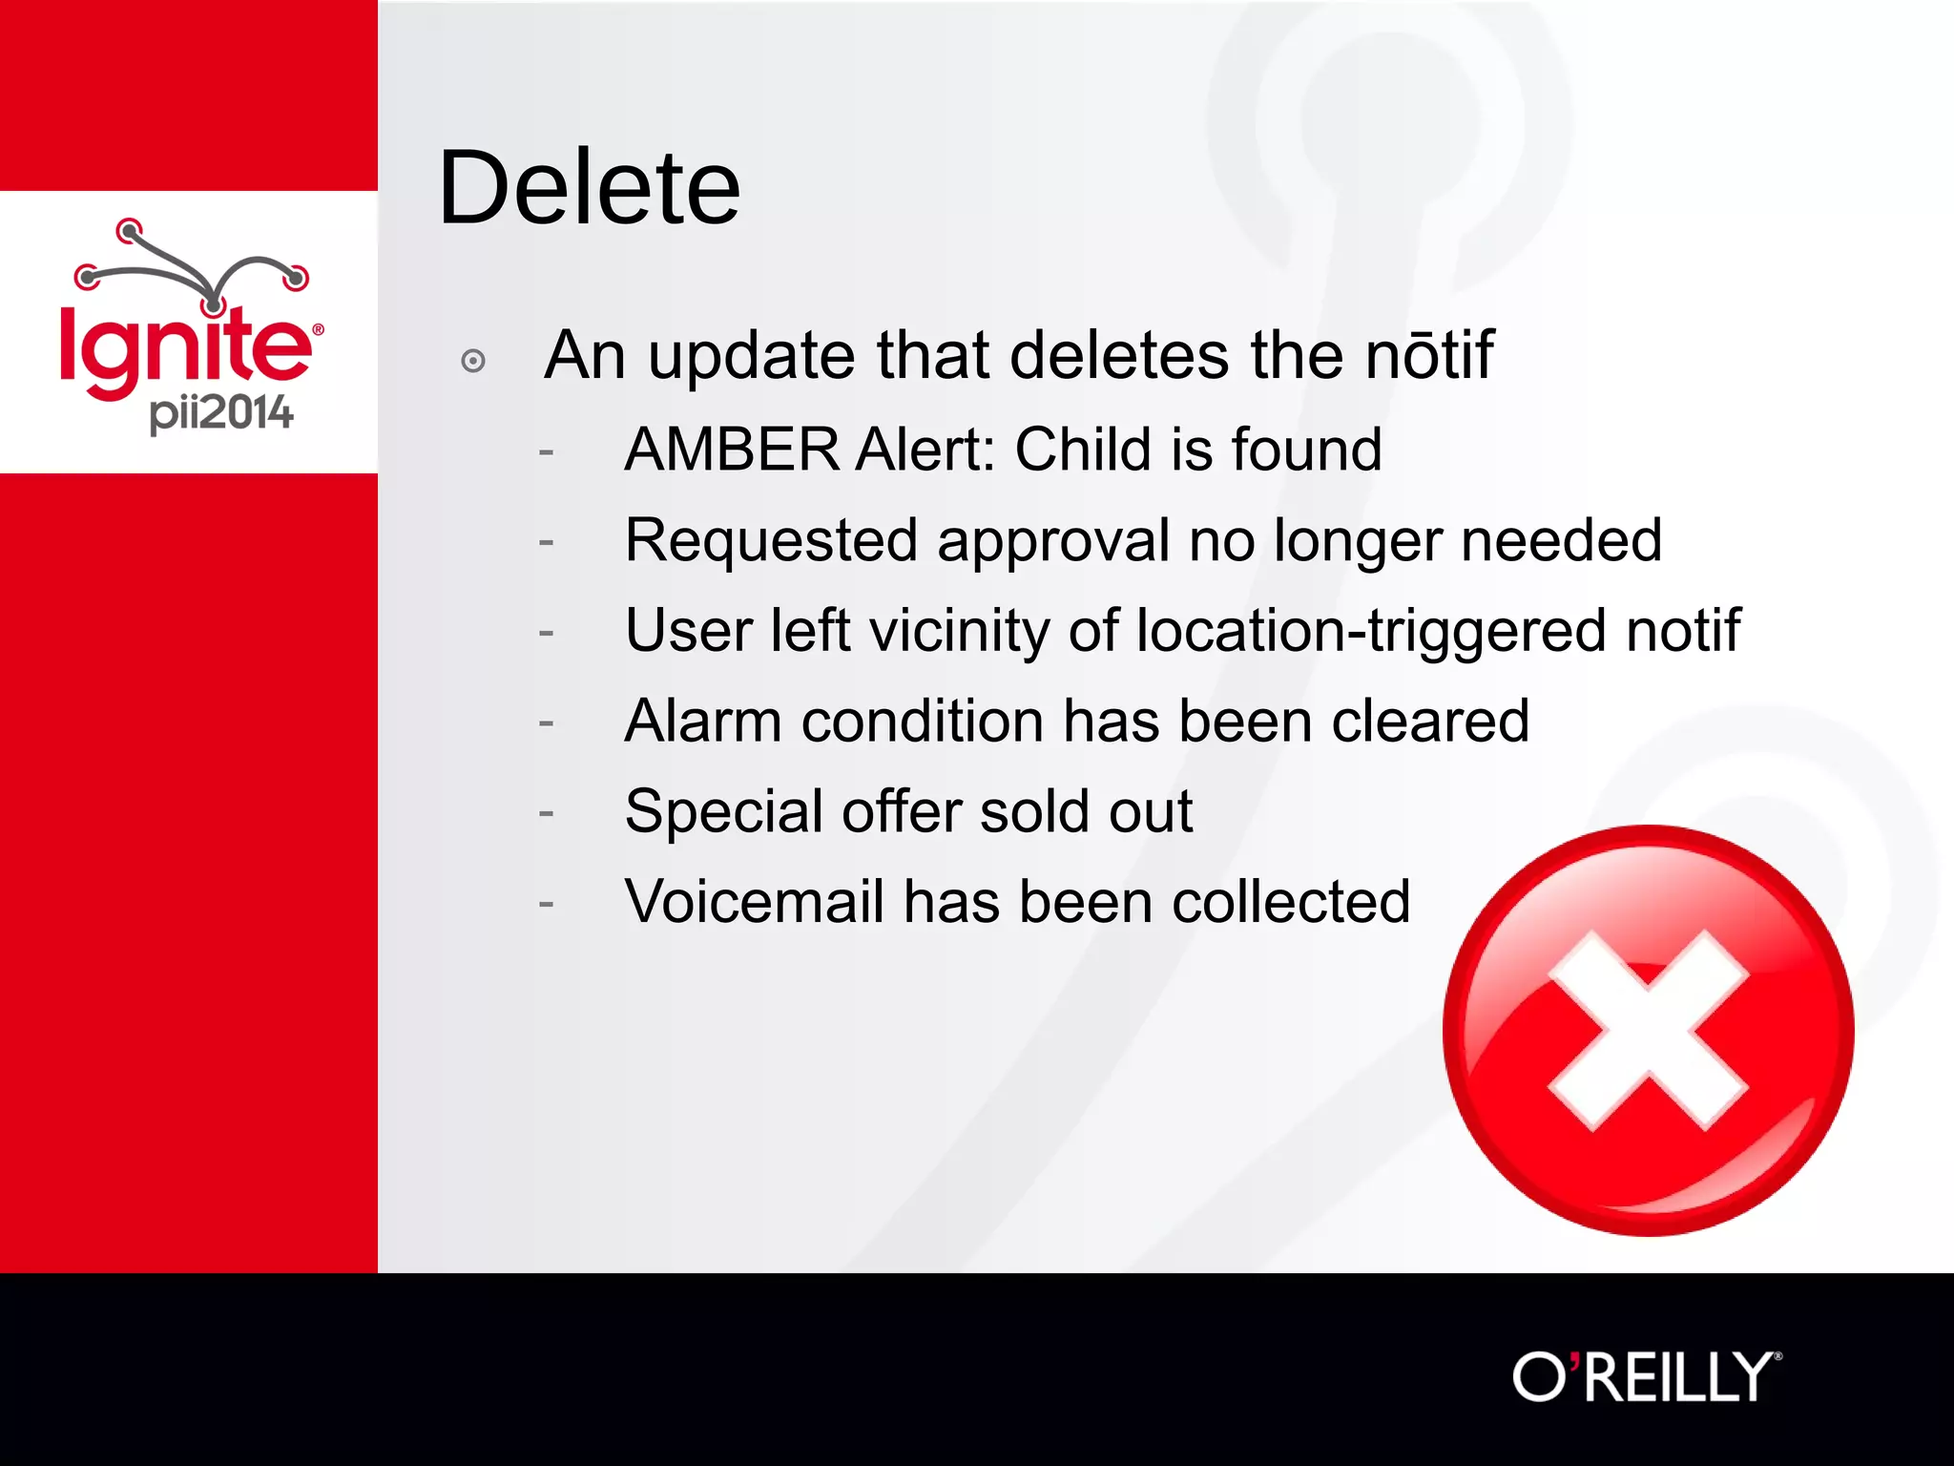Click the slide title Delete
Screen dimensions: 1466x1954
[589, 188]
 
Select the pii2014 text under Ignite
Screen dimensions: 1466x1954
[221, 413]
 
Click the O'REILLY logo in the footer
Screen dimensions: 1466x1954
[1646, 1377]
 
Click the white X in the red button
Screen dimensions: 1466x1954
[1648, 1031]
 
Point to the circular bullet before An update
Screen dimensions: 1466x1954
[472, 361]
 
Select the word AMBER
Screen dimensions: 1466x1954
[732, 450]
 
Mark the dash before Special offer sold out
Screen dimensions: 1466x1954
[546, 813]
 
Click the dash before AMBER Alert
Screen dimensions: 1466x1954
[546, 450]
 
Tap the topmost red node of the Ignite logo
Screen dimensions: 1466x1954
[129, 230]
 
